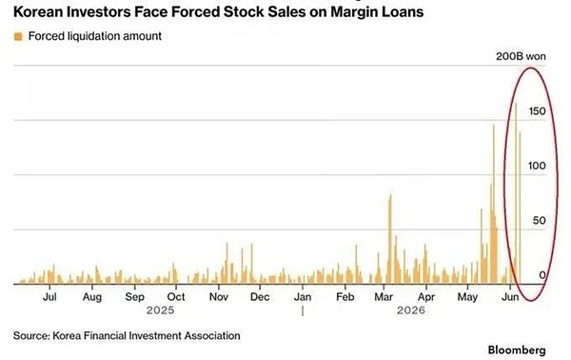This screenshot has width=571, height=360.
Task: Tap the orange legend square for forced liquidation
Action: tap(18, 36)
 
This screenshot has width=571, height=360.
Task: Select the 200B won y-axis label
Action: tap(521, 56)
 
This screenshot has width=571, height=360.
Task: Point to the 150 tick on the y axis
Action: tap(537, 111)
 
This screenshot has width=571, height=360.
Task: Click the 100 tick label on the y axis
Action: tap(537, 166)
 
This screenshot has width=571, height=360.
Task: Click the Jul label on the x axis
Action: tap(49, 296)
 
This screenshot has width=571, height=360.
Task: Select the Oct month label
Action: tap(176, 296)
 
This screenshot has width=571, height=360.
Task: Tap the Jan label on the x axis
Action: tap(303, 296)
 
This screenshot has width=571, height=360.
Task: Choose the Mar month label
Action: tap(384, 296)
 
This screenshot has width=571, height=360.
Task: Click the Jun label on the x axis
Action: tap(510, 296)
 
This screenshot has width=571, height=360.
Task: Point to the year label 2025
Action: tap(160, 310)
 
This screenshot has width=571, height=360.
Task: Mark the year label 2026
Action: tap(411, 310)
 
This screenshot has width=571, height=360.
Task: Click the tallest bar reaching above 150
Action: tap(515, 193)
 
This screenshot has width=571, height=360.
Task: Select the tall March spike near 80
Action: tap(390, 239)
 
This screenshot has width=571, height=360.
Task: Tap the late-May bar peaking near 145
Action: tap(494, 204)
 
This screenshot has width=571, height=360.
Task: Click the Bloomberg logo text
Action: tap(517, 350)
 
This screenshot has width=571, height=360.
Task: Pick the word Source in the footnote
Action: tap(31, 335)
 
